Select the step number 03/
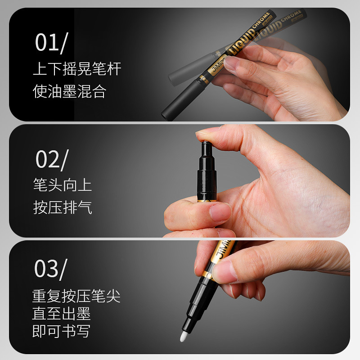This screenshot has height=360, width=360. pos(50,269)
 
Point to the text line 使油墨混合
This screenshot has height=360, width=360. pos(69,91)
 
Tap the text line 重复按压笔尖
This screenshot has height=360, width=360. pos(76,296)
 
